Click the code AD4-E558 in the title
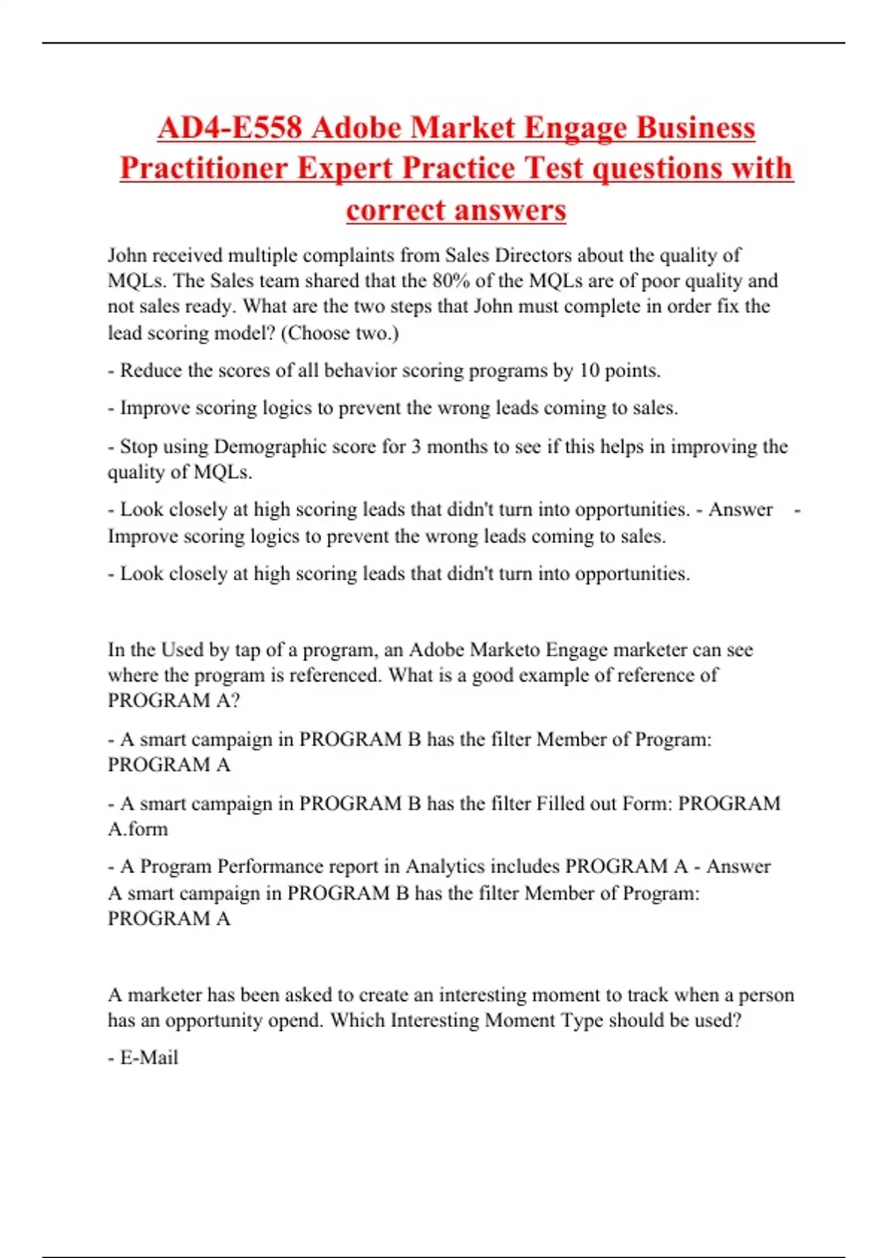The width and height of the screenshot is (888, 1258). click(x=229, y=128)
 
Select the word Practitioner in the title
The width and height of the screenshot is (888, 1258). click(x=203, y=169)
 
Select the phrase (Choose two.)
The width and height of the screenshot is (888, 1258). click(x=340, y=333)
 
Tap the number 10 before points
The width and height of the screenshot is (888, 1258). click(x=589, y=371)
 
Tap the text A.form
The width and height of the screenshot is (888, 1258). click(x=138, y=830)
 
